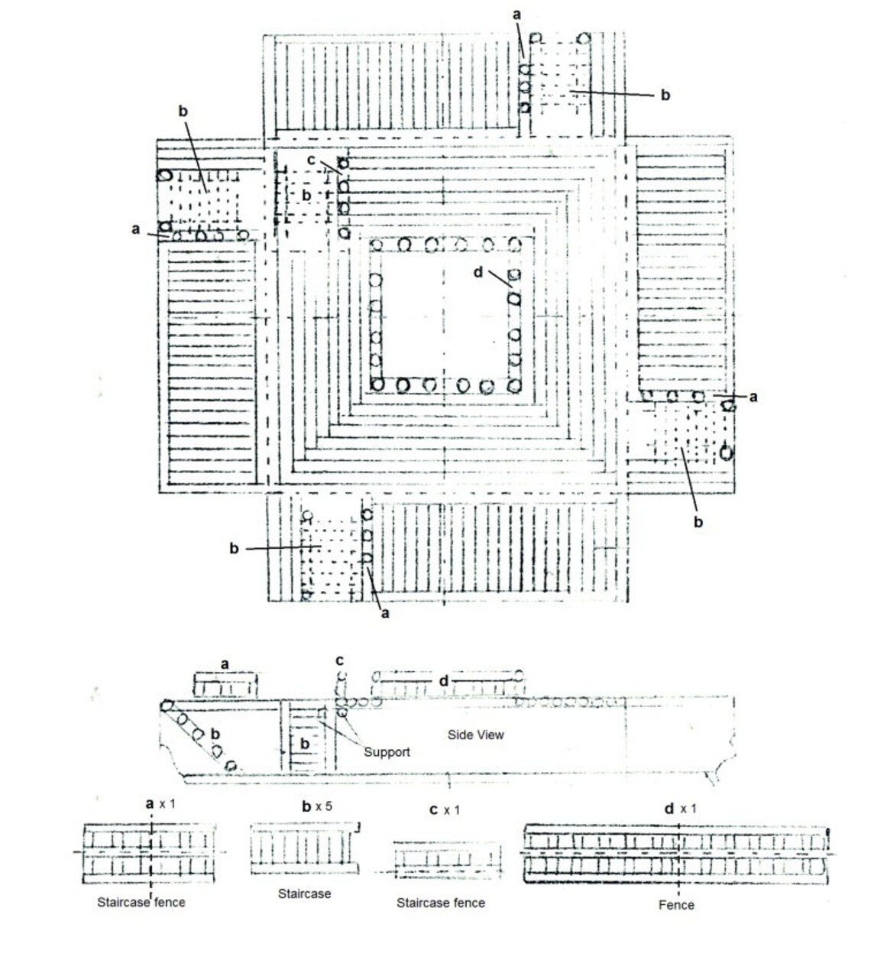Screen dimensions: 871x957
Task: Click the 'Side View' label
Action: point(475,735)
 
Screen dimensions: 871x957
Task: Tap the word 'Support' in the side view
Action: point(387,752)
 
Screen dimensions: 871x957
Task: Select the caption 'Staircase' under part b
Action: point(304,894)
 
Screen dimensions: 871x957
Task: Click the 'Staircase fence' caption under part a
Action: point(141,902)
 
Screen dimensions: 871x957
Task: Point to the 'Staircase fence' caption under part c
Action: point(441,903)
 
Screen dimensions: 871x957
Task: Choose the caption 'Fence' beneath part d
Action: point(676,905)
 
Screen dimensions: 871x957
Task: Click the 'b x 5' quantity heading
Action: point(317,806)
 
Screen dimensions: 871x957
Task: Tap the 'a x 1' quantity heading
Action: point(160,804)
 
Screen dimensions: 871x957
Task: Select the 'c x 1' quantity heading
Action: point(444,809)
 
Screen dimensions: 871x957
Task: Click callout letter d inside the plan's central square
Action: point(478,272)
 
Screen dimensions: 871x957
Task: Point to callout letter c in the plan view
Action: point(311,160)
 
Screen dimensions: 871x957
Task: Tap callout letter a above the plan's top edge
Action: point(516,15)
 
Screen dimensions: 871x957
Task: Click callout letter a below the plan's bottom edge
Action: point(385,614)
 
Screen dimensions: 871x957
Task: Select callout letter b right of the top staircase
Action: point(665,95)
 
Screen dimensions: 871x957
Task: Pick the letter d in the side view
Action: point(444,681)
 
